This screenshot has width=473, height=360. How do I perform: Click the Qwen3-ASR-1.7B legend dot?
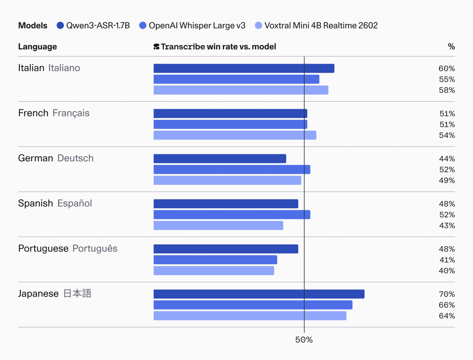click(x=60, y=26)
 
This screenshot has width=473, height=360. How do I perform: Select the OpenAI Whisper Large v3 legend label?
click(x=197, y=26)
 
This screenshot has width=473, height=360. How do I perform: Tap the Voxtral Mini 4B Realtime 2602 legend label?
click(x=321, y=26)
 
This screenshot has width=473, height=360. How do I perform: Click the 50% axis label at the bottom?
click(x=304, y=340)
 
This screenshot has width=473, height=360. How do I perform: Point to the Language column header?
click(x=37, y=47)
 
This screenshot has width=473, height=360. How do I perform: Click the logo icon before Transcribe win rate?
click(x=156, y=47)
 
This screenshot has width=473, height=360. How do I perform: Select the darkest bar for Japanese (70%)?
click(x=259, y=294)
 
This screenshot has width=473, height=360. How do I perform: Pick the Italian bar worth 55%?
click(x=236, y=79)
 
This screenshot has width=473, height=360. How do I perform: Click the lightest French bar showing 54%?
click(x=235, y=135)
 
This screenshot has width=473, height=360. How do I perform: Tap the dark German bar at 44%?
click(x=220, y=159)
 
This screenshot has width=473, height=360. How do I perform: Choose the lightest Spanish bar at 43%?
click(x=218, y=225)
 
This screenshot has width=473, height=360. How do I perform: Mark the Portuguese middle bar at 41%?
click(x=215, y=260)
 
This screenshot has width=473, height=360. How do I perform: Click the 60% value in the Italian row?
click(x=446, y=69)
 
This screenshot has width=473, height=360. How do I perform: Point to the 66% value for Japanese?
click(x=446, y=305)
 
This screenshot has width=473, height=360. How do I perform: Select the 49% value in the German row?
click(x=446, y=181)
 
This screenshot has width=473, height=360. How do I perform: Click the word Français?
click(x=71, y=113)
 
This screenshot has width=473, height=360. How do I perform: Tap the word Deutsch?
click(x=75, y=158)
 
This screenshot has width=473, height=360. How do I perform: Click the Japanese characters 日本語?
click(x=77, y=293)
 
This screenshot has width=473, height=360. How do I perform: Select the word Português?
click(x=95, y=249)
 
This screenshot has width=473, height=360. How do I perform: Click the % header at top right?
click(x=451, y=47)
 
